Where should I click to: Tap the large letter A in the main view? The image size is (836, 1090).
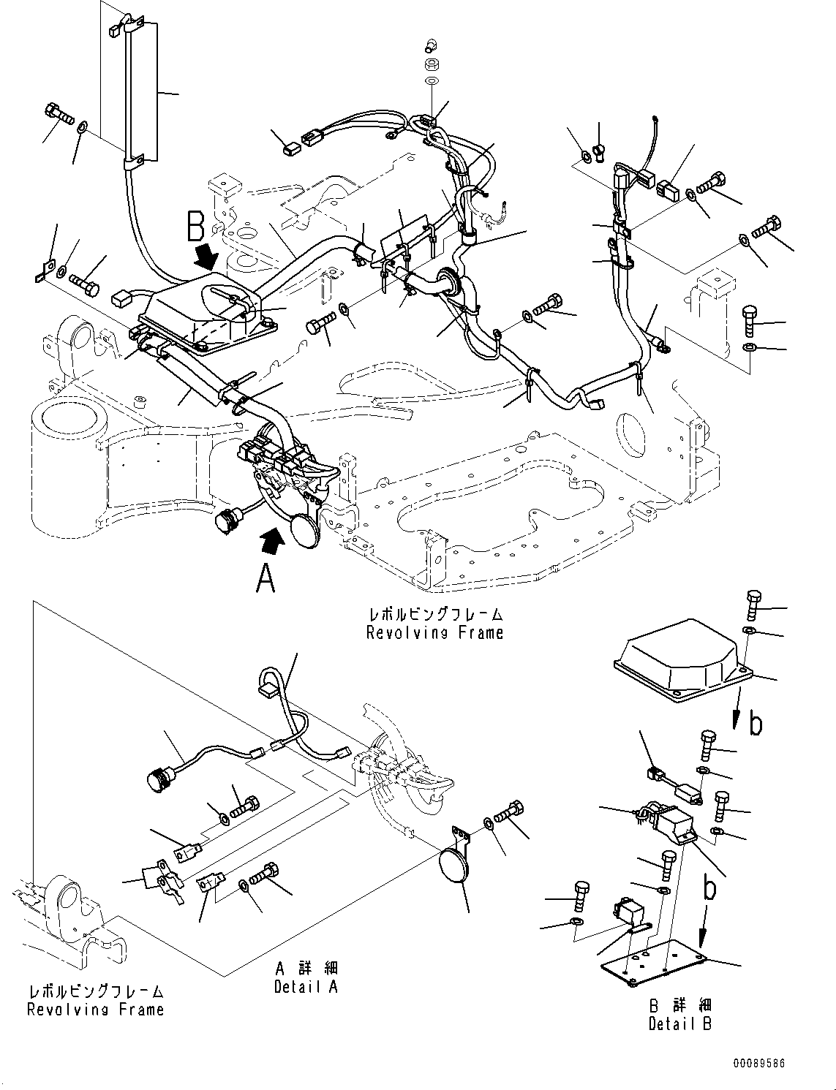point(266,580)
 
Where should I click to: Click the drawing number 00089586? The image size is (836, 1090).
point(760,1064)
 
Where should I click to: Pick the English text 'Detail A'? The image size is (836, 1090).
point(306,987)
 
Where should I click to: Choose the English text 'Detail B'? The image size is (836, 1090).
point(680,1023)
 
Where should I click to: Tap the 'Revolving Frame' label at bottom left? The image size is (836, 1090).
point(95,1010)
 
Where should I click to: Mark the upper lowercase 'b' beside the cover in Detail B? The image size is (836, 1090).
point(756,724)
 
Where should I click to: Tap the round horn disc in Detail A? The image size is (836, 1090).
point(453,867)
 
